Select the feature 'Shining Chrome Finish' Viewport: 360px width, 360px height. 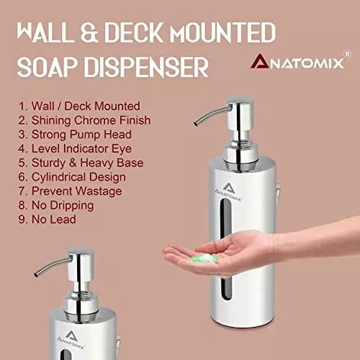pyautogui.click(x=85, y=120)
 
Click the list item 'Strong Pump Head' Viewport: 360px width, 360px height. pyautogui.click(x=76, y=135)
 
